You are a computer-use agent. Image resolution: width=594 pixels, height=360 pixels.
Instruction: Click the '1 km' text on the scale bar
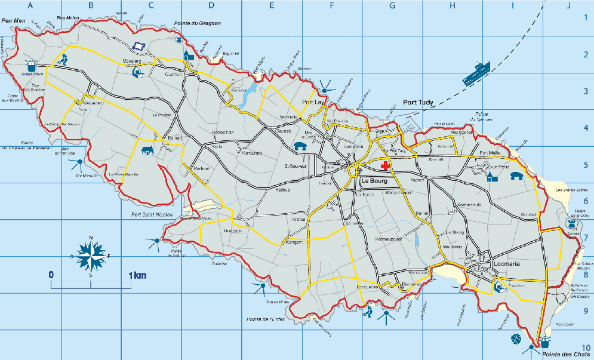[x=137, y=275]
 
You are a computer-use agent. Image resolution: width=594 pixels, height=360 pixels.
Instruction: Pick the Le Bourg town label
[x=375, y=180]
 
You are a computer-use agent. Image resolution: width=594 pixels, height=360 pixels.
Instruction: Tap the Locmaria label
[x=509, y=263]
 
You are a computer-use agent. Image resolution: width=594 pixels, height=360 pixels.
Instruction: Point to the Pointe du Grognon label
[x=197, y=23]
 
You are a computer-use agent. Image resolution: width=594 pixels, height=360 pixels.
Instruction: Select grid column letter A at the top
[x=30, y=6]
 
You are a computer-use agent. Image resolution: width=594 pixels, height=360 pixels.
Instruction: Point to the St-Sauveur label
[x=295, y=166]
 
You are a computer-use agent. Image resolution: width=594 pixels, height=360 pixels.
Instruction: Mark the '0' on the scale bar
[x=51, y=275]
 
